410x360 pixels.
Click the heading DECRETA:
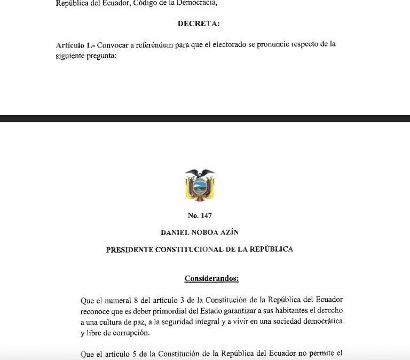[199, 24]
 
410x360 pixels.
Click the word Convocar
[112, 45]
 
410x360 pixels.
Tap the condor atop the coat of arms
[200, 173]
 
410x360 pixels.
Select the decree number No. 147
[200, 216]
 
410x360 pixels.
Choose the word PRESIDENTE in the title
[130, 249]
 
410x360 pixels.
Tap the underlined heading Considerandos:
[211, 278]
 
